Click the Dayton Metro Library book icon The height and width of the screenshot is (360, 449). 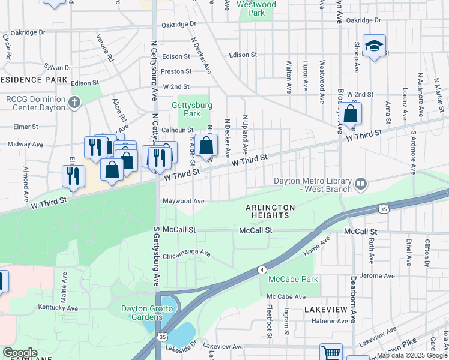click(x=360, y=184)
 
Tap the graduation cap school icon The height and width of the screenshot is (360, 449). click(x=374, y=46)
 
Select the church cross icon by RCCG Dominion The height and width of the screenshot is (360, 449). click(x=75, y=102)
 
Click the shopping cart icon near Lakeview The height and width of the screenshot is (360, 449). click(x=331, y=352)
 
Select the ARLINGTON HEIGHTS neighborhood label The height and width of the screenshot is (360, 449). click(x=270, y=212)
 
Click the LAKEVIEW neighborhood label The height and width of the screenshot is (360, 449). click(x=325, y=309)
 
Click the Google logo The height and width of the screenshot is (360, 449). click(x=20, y=353)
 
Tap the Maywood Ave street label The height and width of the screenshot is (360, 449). click(x=183, y=201)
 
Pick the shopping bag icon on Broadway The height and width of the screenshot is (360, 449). click(x=350, y=113)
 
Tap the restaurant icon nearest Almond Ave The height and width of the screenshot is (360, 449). click(x=73, y=175)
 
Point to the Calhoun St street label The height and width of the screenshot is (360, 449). click(x=177, y=130)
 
